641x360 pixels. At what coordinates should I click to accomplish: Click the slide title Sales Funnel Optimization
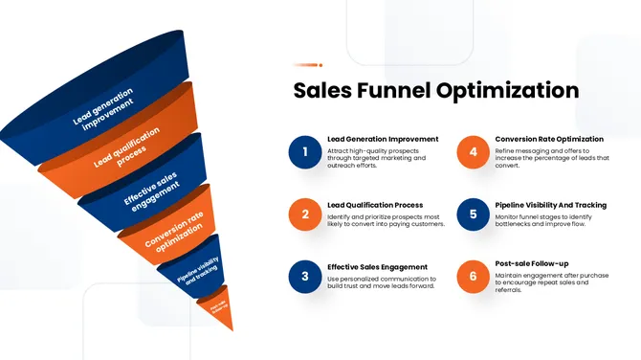tap(435, 91)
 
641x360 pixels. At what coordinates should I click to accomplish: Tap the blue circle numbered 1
tap(304, 151)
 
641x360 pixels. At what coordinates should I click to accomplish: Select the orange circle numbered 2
tap(304, 214)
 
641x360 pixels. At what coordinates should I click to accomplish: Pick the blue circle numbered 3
tap(304, 277)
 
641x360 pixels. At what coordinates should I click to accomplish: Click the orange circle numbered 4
tap(473, 151)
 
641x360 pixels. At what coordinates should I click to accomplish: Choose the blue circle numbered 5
tap(473, 214)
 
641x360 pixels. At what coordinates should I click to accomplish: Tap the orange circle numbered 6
tap(473, 277)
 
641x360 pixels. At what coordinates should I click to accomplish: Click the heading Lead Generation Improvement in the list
tap(383, 139)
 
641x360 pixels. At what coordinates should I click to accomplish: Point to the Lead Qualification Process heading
tap(375, 205)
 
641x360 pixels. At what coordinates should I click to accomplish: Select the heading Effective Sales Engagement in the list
tap(377, 267)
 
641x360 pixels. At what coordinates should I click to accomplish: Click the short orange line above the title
tap(308, 65)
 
